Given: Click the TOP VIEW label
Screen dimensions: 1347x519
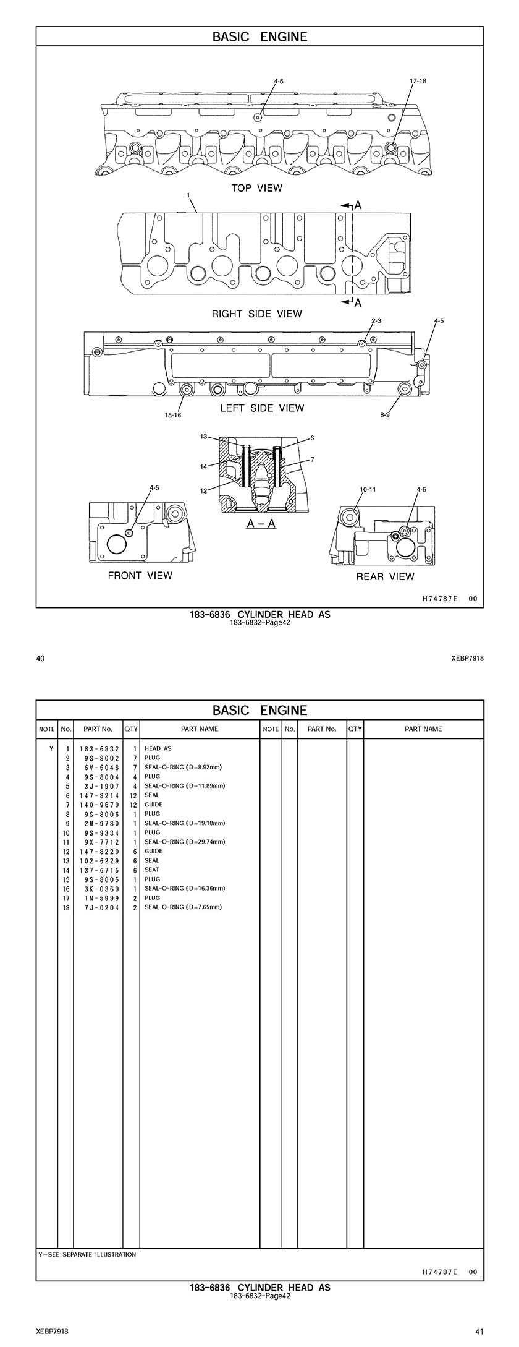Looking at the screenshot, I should [256, 188].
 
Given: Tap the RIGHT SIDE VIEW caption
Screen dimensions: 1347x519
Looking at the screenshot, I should [257, 314].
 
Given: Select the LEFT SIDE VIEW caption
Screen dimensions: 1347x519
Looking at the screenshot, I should [262, 408].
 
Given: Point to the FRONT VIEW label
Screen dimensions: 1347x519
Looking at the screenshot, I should [140, 576].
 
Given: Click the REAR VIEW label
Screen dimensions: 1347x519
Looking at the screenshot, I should [385, 577].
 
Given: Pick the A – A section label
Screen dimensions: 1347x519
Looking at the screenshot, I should [261, 524].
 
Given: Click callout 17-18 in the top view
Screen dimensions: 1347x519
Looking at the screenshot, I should [418, 81].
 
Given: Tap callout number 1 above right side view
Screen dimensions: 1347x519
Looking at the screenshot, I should [187, 195].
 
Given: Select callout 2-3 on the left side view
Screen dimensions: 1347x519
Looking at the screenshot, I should [376, 320].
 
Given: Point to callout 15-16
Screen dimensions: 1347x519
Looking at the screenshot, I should [173, 416].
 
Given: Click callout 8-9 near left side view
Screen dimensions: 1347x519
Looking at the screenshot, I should [385, 416].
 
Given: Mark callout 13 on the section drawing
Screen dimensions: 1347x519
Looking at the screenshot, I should [203, 437].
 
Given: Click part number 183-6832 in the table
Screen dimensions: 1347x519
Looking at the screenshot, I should [99, 749].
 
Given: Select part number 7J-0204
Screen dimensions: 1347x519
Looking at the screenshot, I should [99, 907].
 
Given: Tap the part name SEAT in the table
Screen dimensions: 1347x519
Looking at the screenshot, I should [151, 870].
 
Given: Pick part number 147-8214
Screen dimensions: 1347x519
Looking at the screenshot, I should [99, 795].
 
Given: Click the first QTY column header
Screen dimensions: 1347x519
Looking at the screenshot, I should [131, 729].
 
